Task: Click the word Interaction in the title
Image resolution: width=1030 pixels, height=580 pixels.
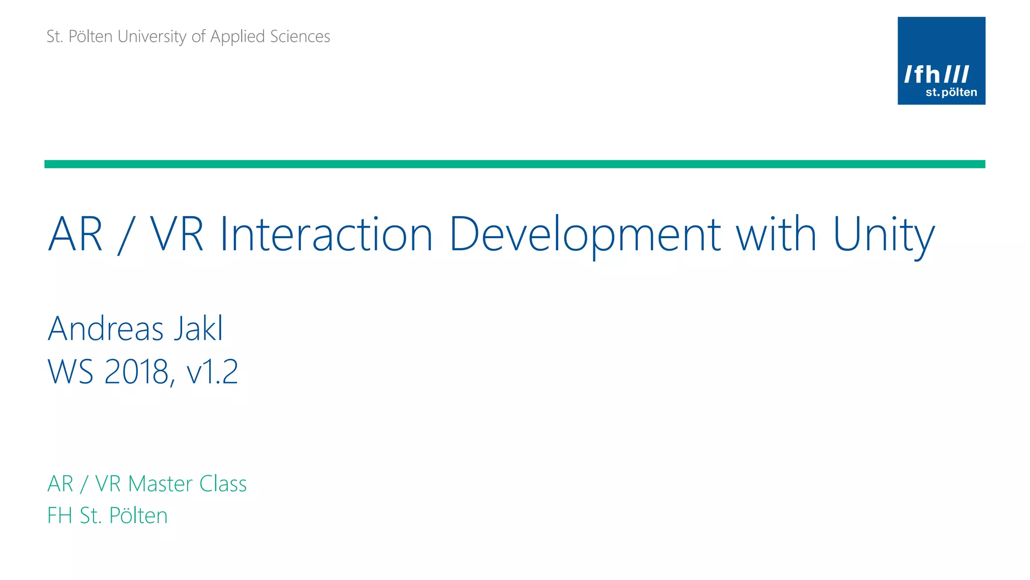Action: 326,234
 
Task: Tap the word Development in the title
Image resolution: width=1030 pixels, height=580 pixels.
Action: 584,234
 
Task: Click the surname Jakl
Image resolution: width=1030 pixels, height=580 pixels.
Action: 198,329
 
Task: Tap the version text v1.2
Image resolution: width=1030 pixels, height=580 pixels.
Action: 212,373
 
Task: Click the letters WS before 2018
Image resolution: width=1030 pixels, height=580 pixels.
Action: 70,373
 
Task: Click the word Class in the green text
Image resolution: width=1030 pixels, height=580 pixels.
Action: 223,484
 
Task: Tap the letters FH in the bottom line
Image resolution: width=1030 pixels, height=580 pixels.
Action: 59,516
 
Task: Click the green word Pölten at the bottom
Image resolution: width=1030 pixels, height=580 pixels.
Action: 138,516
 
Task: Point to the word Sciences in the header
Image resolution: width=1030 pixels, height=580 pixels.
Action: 300,36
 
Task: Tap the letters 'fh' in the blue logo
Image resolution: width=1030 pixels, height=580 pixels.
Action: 926,75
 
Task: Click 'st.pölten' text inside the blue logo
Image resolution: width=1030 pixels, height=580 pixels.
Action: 951,92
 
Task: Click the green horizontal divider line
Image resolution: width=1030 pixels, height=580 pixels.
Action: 514,164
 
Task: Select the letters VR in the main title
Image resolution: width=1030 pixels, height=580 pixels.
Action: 177,234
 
